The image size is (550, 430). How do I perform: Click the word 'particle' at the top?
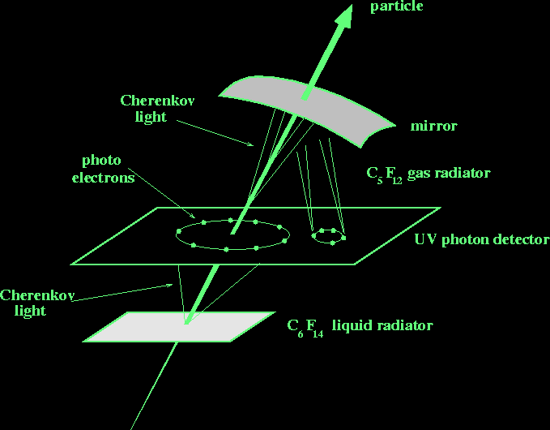point(397,7)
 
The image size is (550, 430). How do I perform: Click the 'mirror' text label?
point(434,127)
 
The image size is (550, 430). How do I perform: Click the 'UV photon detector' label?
point(481,241)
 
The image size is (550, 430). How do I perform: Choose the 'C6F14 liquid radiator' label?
point(360,327)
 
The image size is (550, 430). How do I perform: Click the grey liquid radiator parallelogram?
point(177,326)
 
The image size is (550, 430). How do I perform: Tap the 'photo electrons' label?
point(108,169)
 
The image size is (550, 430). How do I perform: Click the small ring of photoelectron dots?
point(328,236)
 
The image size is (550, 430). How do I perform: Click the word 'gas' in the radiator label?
point(420,174)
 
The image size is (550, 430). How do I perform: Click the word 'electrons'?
point(108,177)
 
